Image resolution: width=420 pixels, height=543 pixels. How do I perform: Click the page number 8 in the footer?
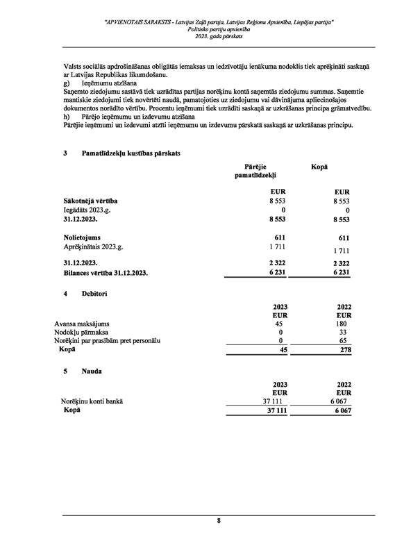219,520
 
